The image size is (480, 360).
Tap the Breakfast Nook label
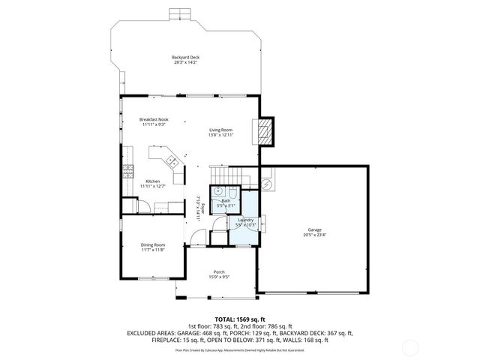153,121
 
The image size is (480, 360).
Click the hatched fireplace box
264,133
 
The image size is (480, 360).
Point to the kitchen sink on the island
171,160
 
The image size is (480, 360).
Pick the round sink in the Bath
217,192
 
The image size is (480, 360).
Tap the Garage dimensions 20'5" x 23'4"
314,235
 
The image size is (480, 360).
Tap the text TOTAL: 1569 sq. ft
240,319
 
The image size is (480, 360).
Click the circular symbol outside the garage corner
266,184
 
